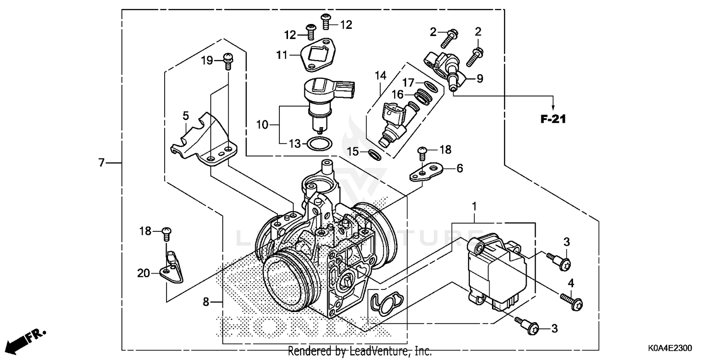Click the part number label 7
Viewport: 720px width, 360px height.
(x=101, y=163)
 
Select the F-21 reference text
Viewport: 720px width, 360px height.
(x=553, y=120)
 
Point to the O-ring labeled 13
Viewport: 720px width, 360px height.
(x=318, y=144)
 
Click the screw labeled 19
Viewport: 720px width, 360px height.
(x=228, y=61)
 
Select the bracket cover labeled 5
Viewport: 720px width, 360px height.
(x=202, y=139)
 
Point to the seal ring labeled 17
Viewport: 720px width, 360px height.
(x=431, y=86)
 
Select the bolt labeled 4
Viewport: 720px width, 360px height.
(x=573, y=302)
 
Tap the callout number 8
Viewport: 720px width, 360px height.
(x=205, y=302)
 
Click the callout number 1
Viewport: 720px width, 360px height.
(x=474, y=207)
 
